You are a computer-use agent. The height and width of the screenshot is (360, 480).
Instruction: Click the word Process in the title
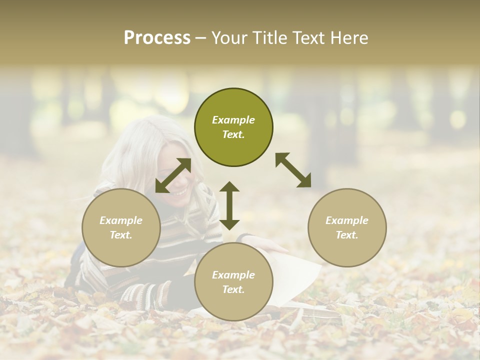(x=157, y=38)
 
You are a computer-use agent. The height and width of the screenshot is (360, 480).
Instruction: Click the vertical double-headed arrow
(x=229, y=205)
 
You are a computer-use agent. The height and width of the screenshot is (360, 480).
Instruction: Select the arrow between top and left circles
(x=173, y=175)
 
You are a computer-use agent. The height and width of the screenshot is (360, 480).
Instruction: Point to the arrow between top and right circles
(x=293, y=170)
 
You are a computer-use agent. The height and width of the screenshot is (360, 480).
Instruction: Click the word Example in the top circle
(x=233, y=120)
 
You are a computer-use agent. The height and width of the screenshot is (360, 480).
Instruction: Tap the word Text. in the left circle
(x=121, y=235)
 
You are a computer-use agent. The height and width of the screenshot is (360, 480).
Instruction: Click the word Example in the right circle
(x=347, y=220)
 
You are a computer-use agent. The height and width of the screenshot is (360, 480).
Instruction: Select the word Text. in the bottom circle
(x=233, y=289)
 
